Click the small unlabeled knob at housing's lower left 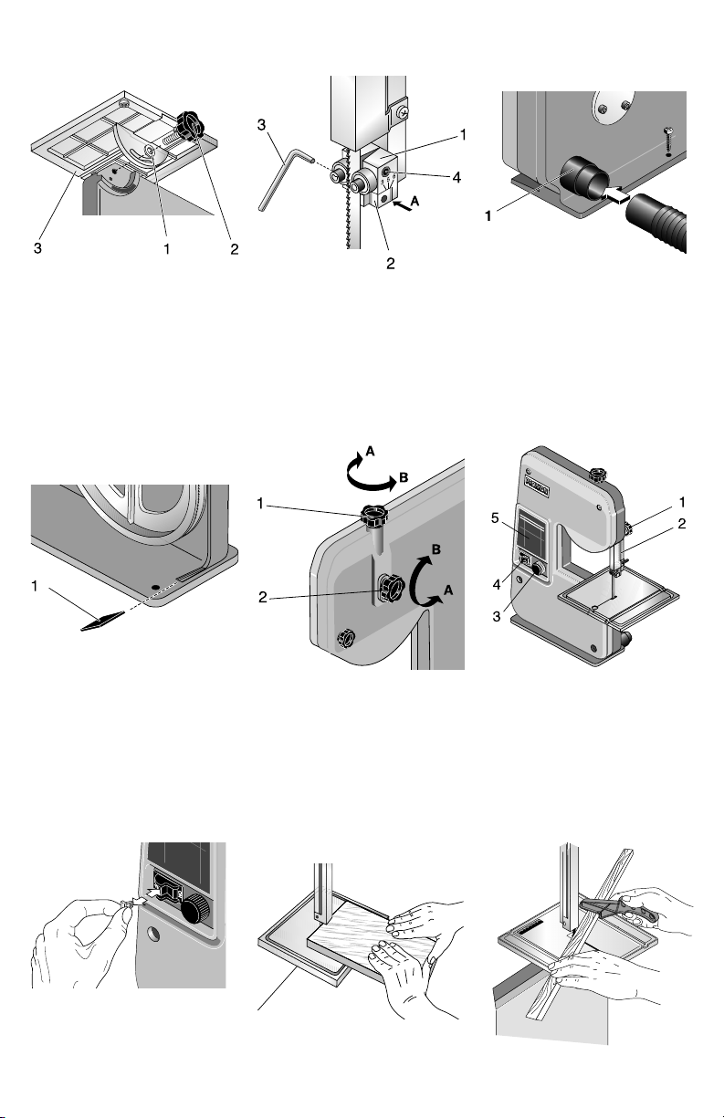[x=348, y=636]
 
